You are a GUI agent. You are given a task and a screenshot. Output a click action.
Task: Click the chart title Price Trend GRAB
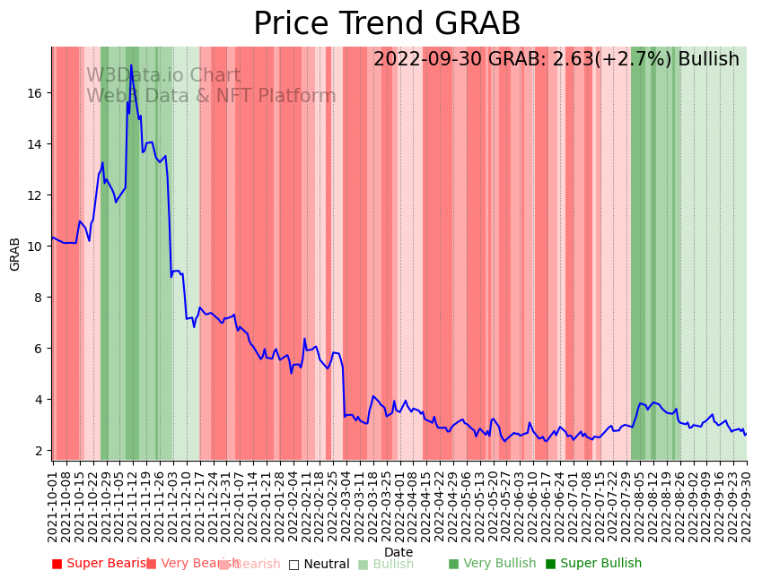click(x=387, y=24)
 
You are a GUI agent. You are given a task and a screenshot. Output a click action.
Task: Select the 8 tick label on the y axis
click(x=40, y=298)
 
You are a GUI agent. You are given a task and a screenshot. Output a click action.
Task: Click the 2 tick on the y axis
click(x=40, y=451)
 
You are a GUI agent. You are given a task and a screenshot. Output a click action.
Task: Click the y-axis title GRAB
click(x=15, y=254)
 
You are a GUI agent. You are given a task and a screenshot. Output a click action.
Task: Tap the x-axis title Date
click(x=399, y=553)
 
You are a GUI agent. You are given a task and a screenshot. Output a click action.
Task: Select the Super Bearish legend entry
click(x=101, y=564)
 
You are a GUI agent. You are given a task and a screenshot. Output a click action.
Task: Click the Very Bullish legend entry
click(x=492, y=564)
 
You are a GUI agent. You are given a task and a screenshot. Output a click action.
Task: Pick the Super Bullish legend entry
click(x=593, y=564)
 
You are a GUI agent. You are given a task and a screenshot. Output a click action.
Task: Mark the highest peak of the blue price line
click(x=131, y=65)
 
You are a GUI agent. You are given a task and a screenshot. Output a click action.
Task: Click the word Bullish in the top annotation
click(x=708, y=60)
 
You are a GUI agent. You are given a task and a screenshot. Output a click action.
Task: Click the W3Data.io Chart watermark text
click(x=163, y=76)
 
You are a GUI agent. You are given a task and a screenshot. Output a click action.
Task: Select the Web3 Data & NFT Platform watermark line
click(x=211, y=97)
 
